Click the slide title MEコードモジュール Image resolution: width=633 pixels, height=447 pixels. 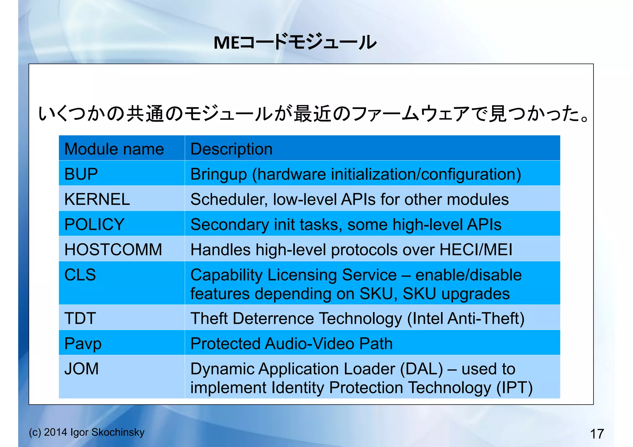click(x=295, y=42)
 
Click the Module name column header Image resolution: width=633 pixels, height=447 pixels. click(x=114, y=149)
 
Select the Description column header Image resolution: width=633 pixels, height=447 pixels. click(x=232, y=149)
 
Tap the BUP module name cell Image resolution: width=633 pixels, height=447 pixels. click(x=81, y=174)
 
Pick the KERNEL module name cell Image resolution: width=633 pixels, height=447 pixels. click(x=97, y=199)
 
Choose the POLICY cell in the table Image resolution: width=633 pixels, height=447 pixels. click(x=94, y=224)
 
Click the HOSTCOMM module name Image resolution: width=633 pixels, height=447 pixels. click(x=113, y=250)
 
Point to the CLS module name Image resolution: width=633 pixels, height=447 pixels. click(x=80, y=275)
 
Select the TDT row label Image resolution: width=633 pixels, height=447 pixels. click(x=80, y=318)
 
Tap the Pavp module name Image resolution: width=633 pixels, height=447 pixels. click(x=83, y=344)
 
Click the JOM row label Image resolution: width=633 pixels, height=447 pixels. click(x=81, y=369)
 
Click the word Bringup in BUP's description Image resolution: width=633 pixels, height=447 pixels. click(x=219, y=174)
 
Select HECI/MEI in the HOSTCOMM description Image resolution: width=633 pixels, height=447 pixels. click(x=476, y=250)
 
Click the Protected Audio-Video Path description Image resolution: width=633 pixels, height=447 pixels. click(x=291, y=344)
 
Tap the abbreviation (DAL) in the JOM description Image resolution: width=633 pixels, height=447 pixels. click(x=421, y=369)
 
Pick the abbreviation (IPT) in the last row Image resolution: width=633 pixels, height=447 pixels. click(x=514, y=388)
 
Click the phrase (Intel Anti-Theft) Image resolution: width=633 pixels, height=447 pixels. click(x=466, y=318)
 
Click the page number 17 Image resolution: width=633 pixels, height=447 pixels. click(x=597, y=434)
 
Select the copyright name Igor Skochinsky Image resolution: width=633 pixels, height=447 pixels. click(x=107, y=432)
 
